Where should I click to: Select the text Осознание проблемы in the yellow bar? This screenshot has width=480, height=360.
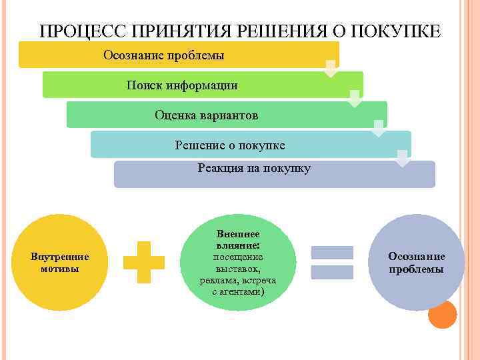pyautogui.click(x=164, y=55)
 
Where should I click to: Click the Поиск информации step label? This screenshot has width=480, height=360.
pyautogui.click(x=182, y=85)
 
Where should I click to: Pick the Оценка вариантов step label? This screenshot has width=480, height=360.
pyautogui.click(x=206, y=115)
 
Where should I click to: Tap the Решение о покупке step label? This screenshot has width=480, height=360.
pyautogui.click(x=230, y=145)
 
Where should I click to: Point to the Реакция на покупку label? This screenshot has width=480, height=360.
pyautogui.click(x=254, y=169)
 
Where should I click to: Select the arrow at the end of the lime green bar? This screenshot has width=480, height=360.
pyautogui.click(x=355, y=98)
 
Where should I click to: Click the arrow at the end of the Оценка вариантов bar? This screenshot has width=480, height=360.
pyautogui.click(x=379, y=127)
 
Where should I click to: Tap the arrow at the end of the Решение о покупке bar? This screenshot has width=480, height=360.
pyautogui.click(x=402, y=157)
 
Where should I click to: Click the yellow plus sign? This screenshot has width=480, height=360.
pyautogui.click(x=144, y=262)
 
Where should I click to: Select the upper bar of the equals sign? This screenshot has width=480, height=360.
pyautogui.click(x=333, y=253)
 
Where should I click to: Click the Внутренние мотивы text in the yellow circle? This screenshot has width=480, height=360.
pyautogui.click(x=60, y=262)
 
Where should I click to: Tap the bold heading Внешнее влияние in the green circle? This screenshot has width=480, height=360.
pyautogui.click(x=238, y=240)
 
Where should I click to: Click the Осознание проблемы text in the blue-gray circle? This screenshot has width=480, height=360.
pyautogui.click(x=417, y=262)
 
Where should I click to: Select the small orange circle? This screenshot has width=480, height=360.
pyautogui.click(x=442, y=314)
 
